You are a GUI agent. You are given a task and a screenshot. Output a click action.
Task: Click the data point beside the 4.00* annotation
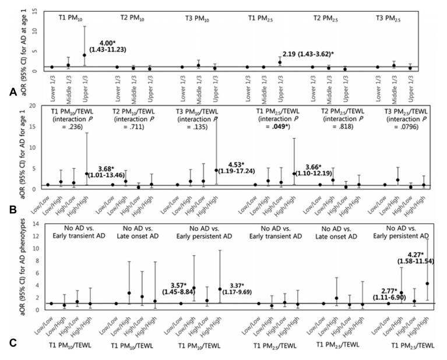click(x=85, y=55)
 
